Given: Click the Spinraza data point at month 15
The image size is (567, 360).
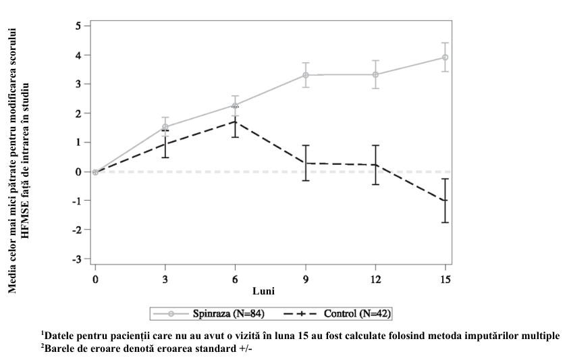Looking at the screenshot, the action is pyautogui.click(x=445, y=57).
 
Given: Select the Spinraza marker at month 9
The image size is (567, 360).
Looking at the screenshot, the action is pyautogui.click(x=306, y=75).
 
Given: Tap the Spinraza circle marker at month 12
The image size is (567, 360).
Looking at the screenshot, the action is pyautogui.click(x=375, y=75).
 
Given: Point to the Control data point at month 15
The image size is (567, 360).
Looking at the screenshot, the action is pyautogui.click(x=445, y=201).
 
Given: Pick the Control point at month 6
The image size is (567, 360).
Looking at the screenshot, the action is pyautogui.click(x=236, y=122).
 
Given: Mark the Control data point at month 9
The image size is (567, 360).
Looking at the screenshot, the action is pyautogui.click(x=306, y=163).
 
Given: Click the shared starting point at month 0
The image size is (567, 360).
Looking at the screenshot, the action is pyautogui.click(x=95, y=172).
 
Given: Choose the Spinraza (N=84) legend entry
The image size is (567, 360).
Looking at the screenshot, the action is pyautogui.click(x=209, y=313).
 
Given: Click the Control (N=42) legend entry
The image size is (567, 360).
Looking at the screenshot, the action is pyautogui.click(x=337, y=313).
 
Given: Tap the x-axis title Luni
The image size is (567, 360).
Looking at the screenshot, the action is pyautogui.click(x=263, y=291).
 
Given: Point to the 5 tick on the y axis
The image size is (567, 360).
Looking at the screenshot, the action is pyautogui.click(x=78, y=26).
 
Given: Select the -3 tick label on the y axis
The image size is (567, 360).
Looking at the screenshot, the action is pyautogui.click(x=76, y=259).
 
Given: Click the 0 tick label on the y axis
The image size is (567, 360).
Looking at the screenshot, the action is pyautogui.click(x=78, y=172).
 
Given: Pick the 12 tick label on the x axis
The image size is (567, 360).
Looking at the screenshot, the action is pyautogui.click(x=375, y=280).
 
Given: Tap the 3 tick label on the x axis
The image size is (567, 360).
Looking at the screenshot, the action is pyautogui.click(x=165, y=280).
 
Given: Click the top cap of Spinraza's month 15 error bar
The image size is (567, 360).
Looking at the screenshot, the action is pyautogui.click(x=445, y=43).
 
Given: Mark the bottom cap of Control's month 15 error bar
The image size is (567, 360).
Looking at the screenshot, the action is pyautogui.click(x=445, y=222).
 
